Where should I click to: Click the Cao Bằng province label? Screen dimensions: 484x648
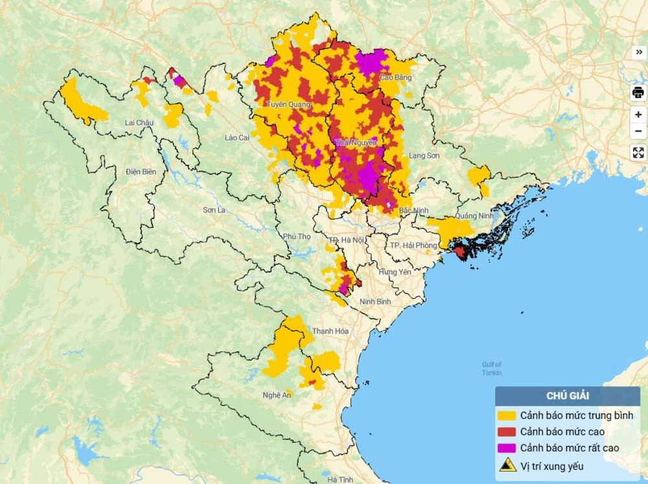[x=395, y=78]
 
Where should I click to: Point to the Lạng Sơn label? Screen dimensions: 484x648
[x=424, y=156]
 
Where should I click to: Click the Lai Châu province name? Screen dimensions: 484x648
[x=139, y=122]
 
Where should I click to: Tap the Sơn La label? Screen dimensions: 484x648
[x=214, y=210]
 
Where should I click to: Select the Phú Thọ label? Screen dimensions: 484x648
[x=297, y=236]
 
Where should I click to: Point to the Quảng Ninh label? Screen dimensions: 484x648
[x=474, y=216]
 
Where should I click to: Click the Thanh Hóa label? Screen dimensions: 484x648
[x=330, y=331]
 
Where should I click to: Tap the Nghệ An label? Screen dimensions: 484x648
[x=277, y=395]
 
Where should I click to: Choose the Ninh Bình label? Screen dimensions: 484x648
[x=375, y=301]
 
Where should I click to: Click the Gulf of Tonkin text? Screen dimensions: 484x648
[x=492, y=369]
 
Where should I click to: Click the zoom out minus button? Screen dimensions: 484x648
[x=638, y=132]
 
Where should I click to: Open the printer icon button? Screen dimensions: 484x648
[x=638, y=93]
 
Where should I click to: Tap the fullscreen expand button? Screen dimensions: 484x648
[x=638, y=153]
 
